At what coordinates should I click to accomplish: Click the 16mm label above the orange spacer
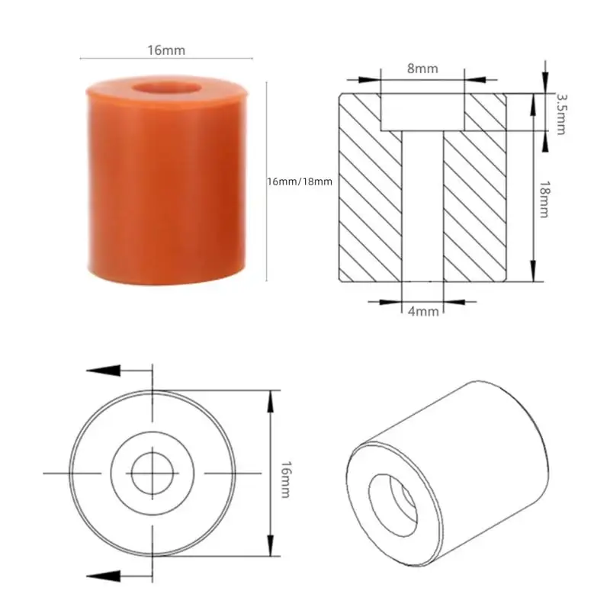click(166, 50)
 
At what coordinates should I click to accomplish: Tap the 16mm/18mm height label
click(300, 181)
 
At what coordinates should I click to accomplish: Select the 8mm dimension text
click(422, 69)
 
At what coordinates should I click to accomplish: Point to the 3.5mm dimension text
click(562, 113)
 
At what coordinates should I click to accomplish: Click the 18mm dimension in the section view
click(544, 200)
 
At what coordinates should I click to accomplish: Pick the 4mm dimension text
click(422, 311)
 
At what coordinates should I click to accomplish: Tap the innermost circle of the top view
click(152, 474)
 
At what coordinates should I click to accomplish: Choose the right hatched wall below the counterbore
click(476, 206)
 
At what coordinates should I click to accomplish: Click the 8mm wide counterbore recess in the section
click(422, 111)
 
